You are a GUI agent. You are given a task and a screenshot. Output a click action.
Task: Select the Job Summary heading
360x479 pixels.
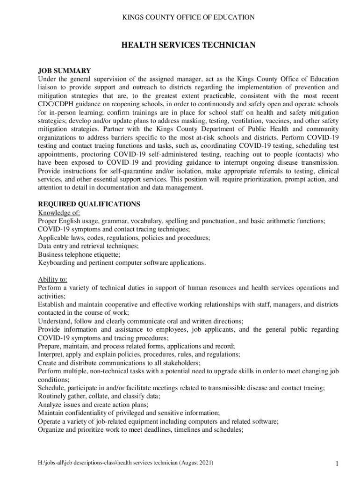[x=65, y=71]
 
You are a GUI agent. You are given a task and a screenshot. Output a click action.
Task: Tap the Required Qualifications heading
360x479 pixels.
[x=89, y=204]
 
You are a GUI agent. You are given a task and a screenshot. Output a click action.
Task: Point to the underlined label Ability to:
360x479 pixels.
[x=52, y=279]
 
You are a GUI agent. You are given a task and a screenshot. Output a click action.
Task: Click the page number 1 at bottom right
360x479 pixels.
[x=336, y=464]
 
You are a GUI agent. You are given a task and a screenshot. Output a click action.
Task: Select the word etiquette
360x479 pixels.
[x=105, y=254]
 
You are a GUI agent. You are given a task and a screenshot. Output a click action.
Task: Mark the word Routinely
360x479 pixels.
[x=53, y=396]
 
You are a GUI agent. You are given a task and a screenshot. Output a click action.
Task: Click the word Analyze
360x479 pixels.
[x=50, y=405]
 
